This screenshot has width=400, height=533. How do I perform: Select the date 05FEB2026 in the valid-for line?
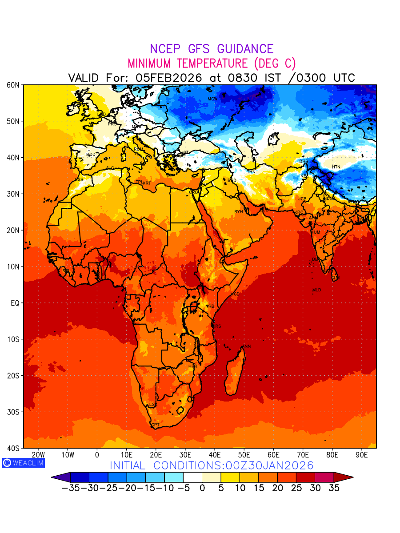pyautogui.click(x=169, y=78)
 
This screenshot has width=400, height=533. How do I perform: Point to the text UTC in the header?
pyautogui.click(x=343, y=78)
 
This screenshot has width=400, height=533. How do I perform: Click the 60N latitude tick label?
pyautogui.click(x=13, y=85)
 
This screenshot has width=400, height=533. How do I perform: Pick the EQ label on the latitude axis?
pyautogui.click(x=15, y=303)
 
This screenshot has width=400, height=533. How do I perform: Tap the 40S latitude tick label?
pyautogui.click(x=13, y=448)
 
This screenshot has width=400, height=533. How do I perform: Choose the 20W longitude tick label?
pyautogui.click(x=38, y=455)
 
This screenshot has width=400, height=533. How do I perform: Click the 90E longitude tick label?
pyautogui.click(x=362, y=455)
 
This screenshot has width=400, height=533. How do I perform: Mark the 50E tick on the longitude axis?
pyautogui.click(x=244, y=455)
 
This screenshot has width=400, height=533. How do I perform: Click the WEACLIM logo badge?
pyautogui.click(x=23, y=462)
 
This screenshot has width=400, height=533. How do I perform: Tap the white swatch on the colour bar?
pyautogui.click(x=192, y=477)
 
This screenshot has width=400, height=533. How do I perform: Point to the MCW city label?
pyautogui.click(x=212, y=99)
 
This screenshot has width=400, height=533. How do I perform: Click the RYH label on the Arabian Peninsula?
pyautogui.click(x=239, y=212)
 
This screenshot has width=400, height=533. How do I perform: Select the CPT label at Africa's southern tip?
pyautogui.click(x=155, y=425)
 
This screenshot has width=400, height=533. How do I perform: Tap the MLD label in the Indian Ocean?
pyautogui.click(x=316, y=290)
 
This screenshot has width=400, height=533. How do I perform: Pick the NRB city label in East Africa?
pyautogui.click(x=210, y=306)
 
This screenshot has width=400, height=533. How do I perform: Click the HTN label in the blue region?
pyautogui.click(x=336, y=167)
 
